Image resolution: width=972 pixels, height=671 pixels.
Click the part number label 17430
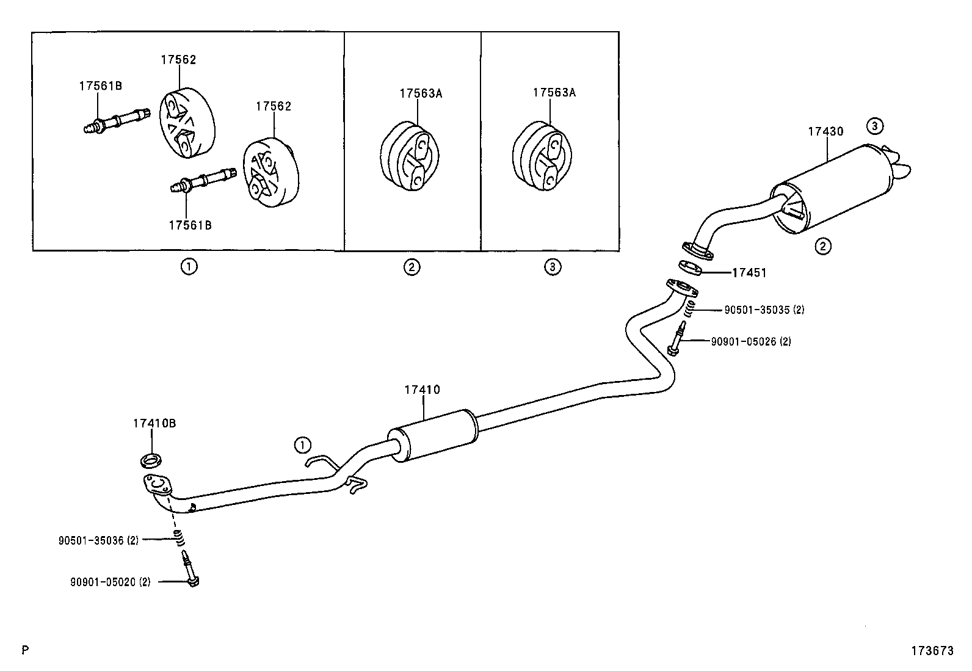(825, 131)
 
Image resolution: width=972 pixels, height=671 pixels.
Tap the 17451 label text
(749, 273)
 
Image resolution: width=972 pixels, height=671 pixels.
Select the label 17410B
(154, 423)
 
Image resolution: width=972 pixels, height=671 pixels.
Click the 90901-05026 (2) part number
(750, 341)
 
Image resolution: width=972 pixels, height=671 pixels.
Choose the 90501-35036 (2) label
(99, 540)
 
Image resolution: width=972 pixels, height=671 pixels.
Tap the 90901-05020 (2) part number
(110, 582)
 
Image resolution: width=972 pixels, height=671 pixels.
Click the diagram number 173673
(932, 651)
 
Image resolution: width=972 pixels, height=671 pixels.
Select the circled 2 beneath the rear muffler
(823, 247)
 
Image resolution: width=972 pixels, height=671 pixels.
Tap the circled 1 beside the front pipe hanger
(302, 445)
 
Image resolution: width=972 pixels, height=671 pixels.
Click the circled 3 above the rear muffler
(874, 126)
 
